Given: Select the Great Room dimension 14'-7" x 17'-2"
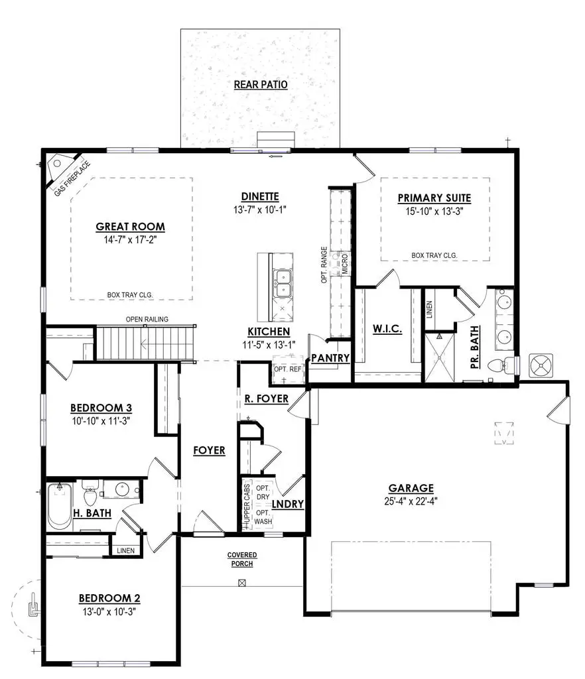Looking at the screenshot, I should (x=130, y=240).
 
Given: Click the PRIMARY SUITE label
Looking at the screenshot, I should (x=434, y=198).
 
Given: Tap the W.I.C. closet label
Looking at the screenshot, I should (x=387, y=330).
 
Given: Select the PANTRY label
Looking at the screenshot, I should (x=329, y=358).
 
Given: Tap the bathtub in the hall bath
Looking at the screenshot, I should (x=60, y=505).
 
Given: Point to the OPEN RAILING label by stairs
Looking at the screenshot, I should (x=147, y=320).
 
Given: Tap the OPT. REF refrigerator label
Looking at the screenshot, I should (x=287, y=369).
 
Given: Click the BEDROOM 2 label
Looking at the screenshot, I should (x=109, y=597).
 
